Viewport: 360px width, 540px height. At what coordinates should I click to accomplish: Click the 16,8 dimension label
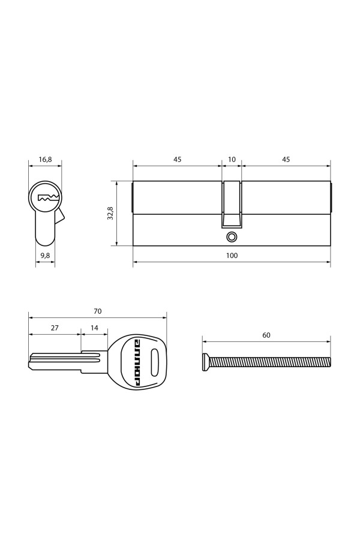tap(45, 160)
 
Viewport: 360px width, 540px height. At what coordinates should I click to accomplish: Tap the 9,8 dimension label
tap(45, 256)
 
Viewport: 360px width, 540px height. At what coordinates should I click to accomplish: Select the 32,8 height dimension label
tap(110, 213)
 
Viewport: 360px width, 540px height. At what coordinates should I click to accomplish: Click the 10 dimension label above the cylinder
tap(232, 160)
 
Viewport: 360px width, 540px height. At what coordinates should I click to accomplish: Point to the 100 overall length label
tap(232, 256)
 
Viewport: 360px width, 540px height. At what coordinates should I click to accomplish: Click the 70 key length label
tap(97, 311)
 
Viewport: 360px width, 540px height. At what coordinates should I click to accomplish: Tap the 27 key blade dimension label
tap(55, 328)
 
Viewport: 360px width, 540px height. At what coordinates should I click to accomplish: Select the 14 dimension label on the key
tap(94, 328)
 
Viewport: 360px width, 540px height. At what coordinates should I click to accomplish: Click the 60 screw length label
tap(266, 335)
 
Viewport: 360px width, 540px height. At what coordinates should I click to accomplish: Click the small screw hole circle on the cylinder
tap(232, 236)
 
